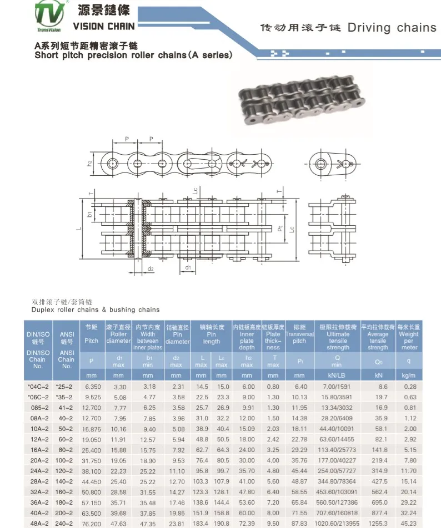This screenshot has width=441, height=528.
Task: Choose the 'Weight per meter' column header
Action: click(409, 337)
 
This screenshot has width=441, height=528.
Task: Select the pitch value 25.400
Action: click(92, 449)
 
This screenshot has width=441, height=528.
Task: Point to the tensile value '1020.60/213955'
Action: click(338, 522)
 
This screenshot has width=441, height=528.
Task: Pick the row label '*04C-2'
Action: click(38, 387)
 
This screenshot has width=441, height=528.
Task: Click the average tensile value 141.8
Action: click(378, 449)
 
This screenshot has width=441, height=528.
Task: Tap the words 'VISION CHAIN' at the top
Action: click(104, 26)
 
